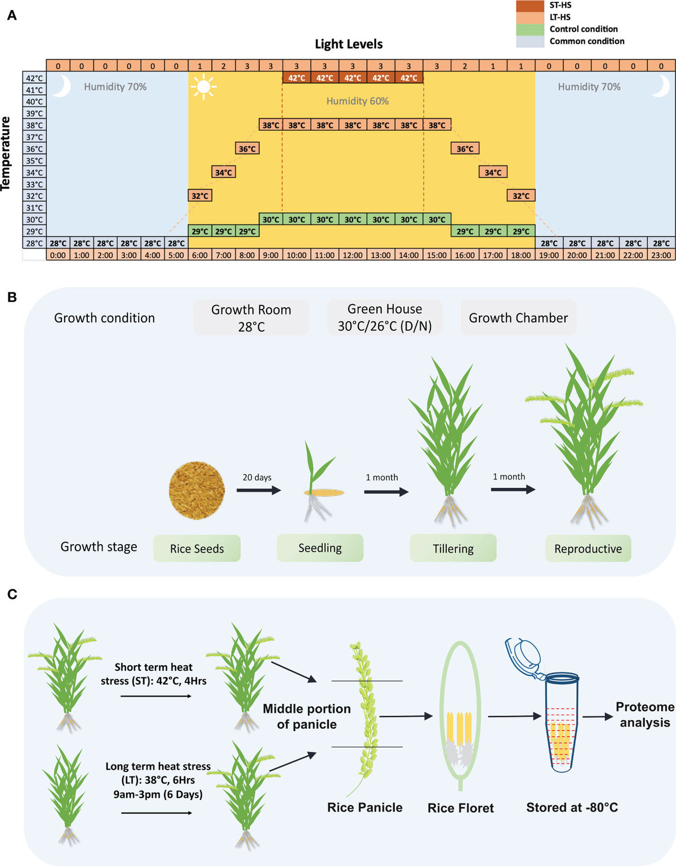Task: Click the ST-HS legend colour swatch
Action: [530, 6]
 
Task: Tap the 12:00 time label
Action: [353, 255]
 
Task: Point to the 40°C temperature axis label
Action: [34, 102]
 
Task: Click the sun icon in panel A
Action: [203, 87]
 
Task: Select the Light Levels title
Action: [349, 44]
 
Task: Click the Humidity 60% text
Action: [357, 101]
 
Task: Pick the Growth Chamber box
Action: [518, 318]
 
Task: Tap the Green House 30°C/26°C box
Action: [385, 317]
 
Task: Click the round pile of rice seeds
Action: [197, 491]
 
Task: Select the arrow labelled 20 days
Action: [259, 491]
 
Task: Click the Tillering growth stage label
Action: [453, 549]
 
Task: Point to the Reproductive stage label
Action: [588, 549]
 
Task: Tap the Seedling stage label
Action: [320, 548]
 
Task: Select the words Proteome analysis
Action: [645, 715]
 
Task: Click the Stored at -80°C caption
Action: [572, 807]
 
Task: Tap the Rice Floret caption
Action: [460, 808]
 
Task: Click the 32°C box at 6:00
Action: [200, 196]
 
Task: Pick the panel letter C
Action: [12, 594]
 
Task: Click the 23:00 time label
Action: [661, 255]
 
